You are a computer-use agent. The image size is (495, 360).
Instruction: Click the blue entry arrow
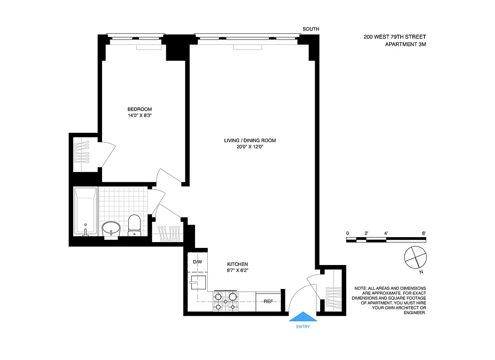[303, 317]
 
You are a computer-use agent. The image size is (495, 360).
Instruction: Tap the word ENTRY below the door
[303, 327]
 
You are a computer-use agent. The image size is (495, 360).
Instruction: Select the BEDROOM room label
[139, 109]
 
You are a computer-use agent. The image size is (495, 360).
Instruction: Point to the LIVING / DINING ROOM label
[250, 140]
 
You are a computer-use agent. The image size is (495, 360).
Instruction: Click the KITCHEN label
[237, 264]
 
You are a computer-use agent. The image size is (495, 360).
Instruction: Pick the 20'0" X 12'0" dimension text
[250, 147]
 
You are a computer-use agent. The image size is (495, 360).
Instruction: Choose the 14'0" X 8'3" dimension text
[139, 115]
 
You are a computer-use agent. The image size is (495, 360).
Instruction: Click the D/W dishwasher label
[197, 262]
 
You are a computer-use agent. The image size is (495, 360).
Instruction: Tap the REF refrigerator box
[268, 301]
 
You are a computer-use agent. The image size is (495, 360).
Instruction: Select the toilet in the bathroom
[134, 225]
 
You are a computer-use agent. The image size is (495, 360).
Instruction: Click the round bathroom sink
[111, 228]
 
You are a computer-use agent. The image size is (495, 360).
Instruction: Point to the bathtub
[85, 211]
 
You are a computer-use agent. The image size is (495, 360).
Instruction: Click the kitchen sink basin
[198, 283]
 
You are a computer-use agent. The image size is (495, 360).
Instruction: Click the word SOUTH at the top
[311, 29]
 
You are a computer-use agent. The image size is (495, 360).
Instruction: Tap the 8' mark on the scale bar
[424, 233]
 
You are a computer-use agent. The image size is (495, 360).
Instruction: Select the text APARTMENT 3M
[405, 44]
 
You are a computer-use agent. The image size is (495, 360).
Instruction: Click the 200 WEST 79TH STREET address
[395, 37]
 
